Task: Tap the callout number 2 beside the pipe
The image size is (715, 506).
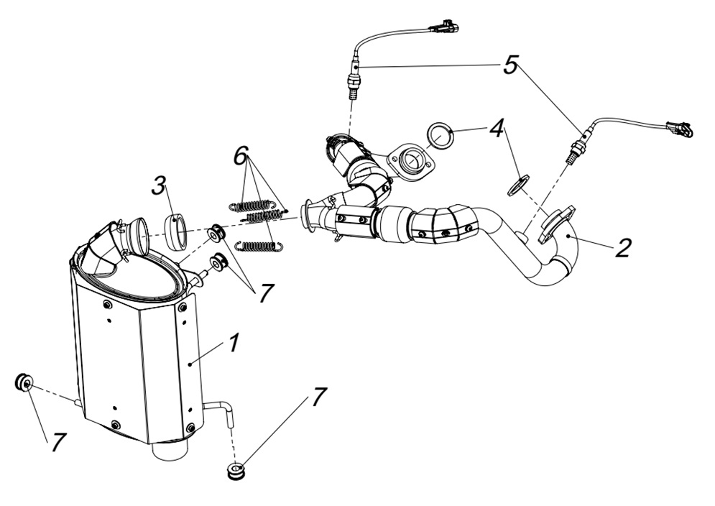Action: (x=622, y=247)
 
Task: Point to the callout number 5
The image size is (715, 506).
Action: (x=509, y=65)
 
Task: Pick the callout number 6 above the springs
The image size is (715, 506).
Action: (x=241, y=153)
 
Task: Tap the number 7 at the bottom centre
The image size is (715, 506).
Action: (x=318, y=396)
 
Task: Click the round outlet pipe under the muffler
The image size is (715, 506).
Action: (x=170, y=451)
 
